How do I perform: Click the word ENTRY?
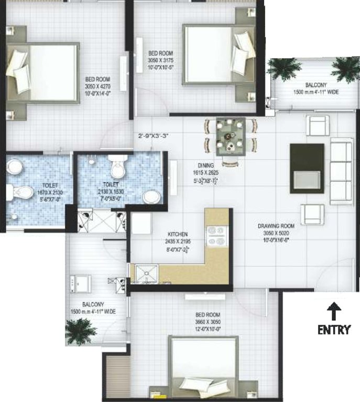[x=334, y=330]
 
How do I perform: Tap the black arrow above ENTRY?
[x=334, y=312]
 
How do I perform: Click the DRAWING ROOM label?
[x=276, y=226]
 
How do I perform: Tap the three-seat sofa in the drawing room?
[x=341, y=172]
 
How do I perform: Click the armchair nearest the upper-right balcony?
[x=318, y=126]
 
